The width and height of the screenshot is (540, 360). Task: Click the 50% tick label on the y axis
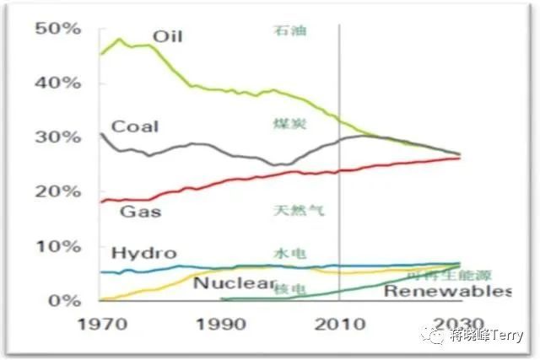[57, 28]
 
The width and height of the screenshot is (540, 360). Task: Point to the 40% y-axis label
[57, 83]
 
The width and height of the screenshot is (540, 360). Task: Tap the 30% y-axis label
[57, 137]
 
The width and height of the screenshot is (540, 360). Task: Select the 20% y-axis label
[57, 191]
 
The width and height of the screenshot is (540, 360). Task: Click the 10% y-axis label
[57, 246]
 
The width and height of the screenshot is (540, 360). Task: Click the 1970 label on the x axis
[100, 324]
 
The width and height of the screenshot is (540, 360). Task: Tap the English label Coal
[135, 126]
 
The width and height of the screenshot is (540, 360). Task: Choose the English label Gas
[140, 211]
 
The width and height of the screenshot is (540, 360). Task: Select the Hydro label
[143, 253]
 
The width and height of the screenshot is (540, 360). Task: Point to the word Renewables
[447, 292]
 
